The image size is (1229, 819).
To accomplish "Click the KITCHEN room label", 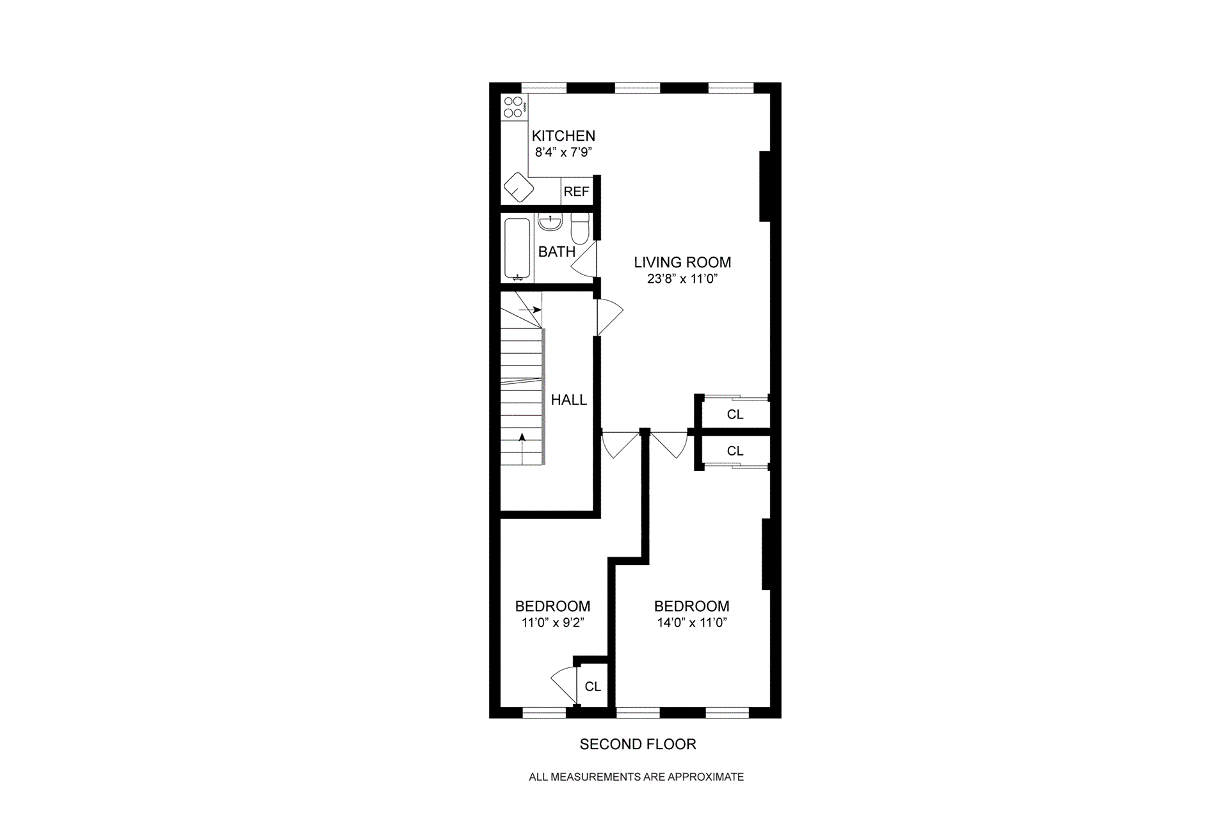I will (x=563, y=136).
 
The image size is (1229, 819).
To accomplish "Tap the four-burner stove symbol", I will (x=513, y=107).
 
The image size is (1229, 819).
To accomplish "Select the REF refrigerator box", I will (x=576, y=191).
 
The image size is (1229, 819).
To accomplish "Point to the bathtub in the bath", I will (x=517, y=249).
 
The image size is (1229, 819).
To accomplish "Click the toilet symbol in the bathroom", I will (x=580, y=228).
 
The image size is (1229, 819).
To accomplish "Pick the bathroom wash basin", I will (x=550, y=223).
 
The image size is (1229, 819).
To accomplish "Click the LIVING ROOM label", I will (x=682, y=262).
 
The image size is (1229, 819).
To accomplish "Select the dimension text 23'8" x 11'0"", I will (x=682, y=279).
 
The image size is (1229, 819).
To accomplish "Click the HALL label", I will (x=568, y=400).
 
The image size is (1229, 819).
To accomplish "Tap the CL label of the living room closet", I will (x=735, y=415).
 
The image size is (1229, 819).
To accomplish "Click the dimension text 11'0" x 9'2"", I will (x=552, y=623).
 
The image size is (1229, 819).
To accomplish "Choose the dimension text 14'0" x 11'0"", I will (x=691, y=623).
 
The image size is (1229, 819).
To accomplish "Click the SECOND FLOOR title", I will (x=638, y=744).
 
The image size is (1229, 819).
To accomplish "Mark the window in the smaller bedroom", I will (x=544, y=712).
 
